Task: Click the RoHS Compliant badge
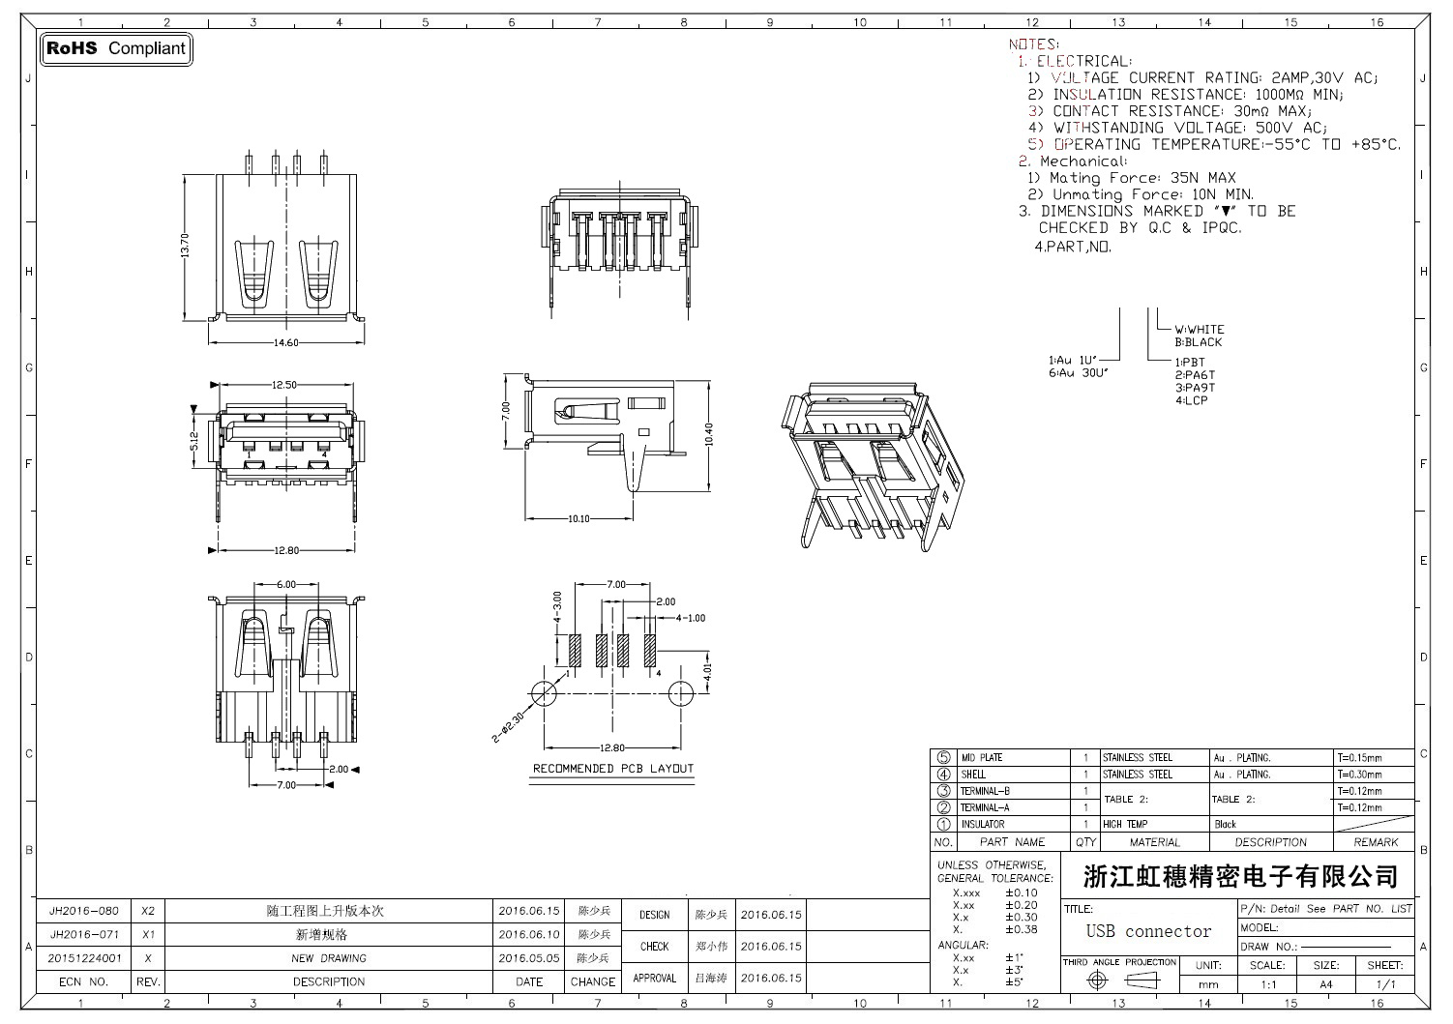pyautogui.click(x=116, y=48)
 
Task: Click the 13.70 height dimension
pyautogui.click(x=185, y=247)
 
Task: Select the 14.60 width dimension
pyautogui.click(x=287, y=342)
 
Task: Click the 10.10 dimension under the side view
pyautogui.click(x=578, y=519)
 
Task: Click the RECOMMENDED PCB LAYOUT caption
pyautogui.click(x=613, y=769)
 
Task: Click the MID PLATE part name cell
pyautogui.click(x=981, y=758)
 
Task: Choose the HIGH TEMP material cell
pyautogui.click(x=1125, y=825)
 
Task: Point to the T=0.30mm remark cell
pyautogui.click(x=1359, y=775)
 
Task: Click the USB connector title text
pyautogui.click(x=1148, y=932)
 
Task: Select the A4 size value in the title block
pyautogui.click(x=1325, y=984)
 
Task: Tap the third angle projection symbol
pyautogui.click(x=1119, y=980)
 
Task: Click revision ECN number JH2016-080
pyautogui.click(x=84, y=911)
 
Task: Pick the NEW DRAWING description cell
pyautogui.click(x=329, y=958)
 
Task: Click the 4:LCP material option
pyautogui.click(x=1192, y=400)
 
